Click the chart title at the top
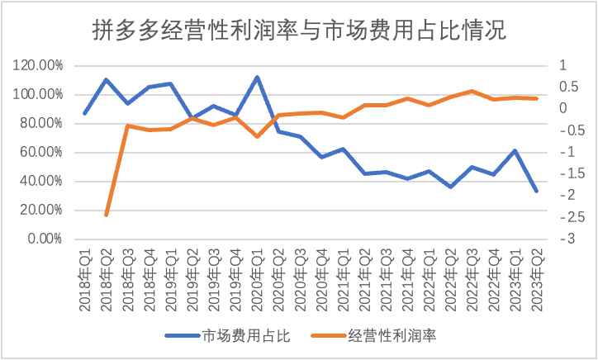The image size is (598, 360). tap(298, 31)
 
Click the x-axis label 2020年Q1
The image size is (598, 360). tap(257, 281)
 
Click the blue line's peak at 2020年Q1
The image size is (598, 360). tap(257, 77)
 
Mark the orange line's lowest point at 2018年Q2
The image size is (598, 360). tap(107, 215)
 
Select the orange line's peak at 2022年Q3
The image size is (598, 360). tap(472, 91)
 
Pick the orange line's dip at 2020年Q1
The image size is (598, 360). tap(257, 135)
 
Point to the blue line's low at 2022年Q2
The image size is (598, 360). tap(450, 187)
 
